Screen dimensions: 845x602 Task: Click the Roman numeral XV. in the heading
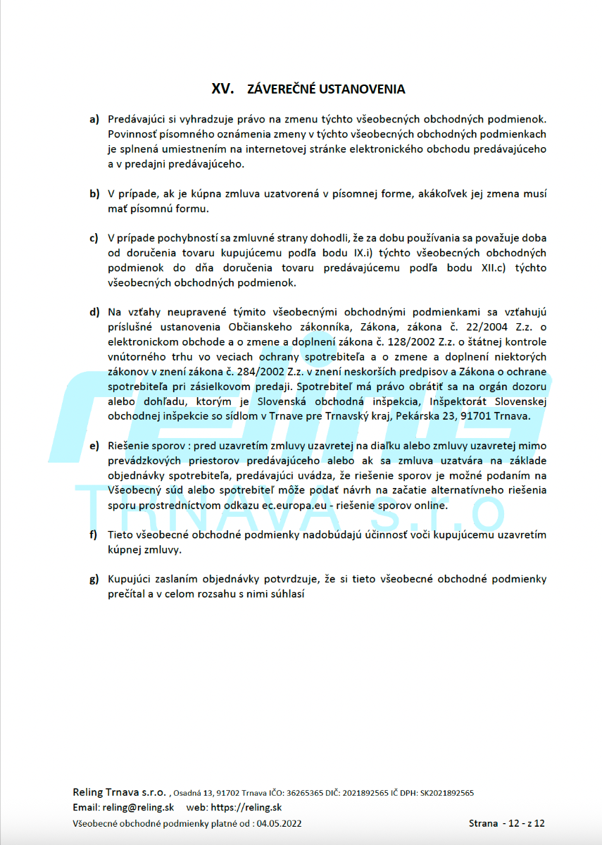223,89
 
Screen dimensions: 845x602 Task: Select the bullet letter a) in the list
94,119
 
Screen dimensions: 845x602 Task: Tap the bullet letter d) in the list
94,312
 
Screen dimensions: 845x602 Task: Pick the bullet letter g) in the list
94,579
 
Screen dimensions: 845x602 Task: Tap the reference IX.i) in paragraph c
355,253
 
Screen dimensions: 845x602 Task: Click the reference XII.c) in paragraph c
502,268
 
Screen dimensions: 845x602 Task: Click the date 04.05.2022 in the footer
280,823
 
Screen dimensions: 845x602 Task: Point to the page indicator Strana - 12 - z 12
507,823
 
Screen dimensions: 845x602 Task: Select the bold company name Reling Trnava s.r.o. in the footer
119,791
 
